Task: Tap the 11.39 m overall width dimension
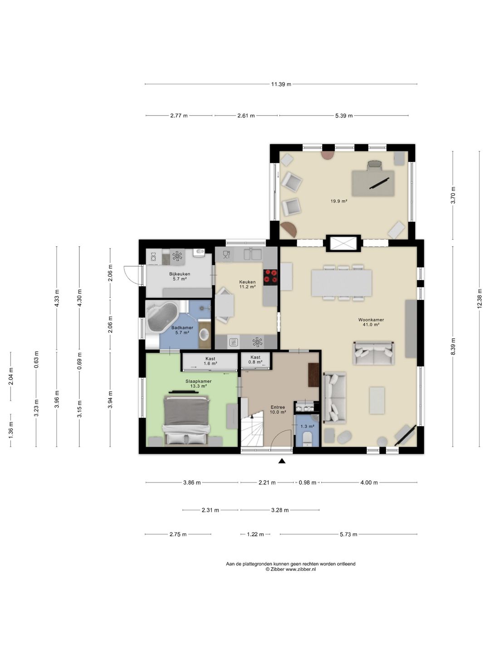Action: (281, 84)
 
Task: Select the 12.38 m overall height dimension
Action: (479, 299)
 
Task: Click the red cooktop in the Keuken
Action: (270, 275)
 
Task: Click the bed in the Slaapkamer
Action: (186, 419)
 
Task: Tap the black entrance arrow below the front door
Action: (282, 461)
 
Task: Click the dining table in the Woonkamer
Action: (342, 283)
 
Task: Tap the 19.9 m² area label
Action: (339, 201)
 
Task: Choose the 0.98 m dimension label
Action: (307, 482)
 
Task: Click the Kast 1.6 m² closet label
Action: (211, 361)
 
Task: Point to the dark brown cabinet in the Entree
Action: (314, 375)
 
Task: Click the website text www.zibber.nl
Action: (301, 569)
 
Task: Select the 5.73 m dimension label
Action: (348, 534)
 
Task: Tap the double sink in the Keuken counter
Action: (253, 254)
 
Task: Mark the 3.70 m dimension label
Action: (453, 195)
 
